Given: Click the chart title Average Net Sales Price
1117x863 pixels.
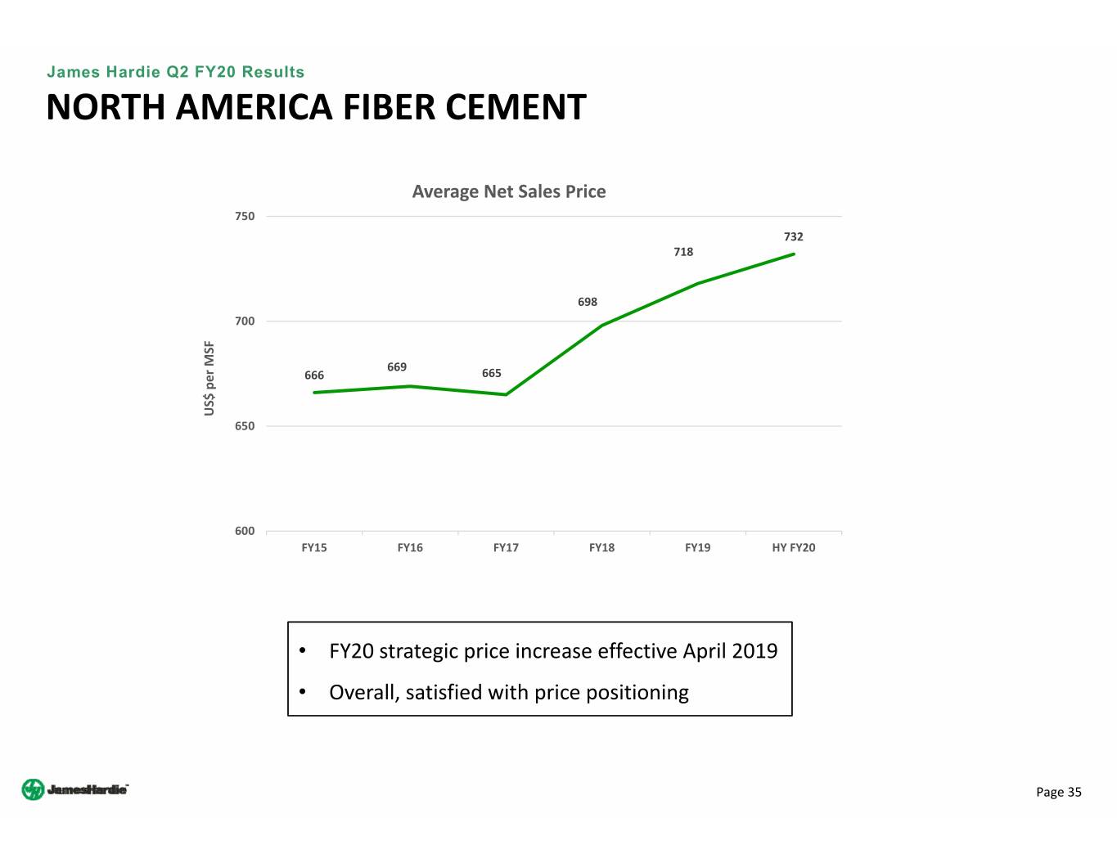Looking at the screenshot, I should (509, 191).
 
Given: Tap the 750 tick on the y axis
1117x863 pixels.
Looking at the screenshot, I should (245, 217).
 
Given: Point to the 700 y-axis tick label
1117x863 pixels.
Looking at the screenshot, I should (245, 321).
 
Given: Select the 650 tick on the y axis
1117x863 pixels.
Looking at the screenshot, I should (245, 426).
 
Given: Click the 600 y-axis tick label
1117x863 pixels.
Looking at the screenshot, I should (245, 531).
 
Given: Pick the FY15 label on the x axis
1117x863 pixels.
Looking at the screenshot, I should (314, 547).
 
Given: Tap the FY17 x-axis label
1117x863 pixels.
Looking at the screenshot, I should (506, 547).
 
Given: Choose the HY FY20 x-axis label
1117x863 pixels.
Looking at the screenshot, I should (794, 547).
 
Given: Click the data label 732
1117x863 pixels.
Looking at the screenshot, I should (794, 236).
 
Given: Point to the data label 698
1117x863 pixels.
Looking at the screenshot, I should (588, 302).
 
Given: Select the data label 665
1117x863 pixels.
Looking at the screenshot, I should (492, 373).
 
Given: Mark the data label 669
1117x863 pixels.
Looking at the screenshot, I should (397, 366).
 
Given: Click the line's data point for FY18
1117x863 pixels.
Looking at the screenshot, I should (602, 326).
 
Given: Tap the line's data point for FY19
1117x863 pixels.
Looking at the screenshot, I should (698, 284).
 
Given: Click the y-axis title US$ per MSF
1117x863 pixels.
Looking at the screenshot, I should (209, 378).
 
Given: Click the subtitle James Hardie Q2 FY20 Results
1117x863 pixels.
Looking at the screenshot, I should (175, 72).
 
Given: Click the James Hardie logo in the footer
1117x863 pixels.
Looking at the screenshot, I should (74, 789).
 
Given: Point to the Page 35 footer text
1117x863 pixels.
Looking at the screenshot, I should (1058, 792).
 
